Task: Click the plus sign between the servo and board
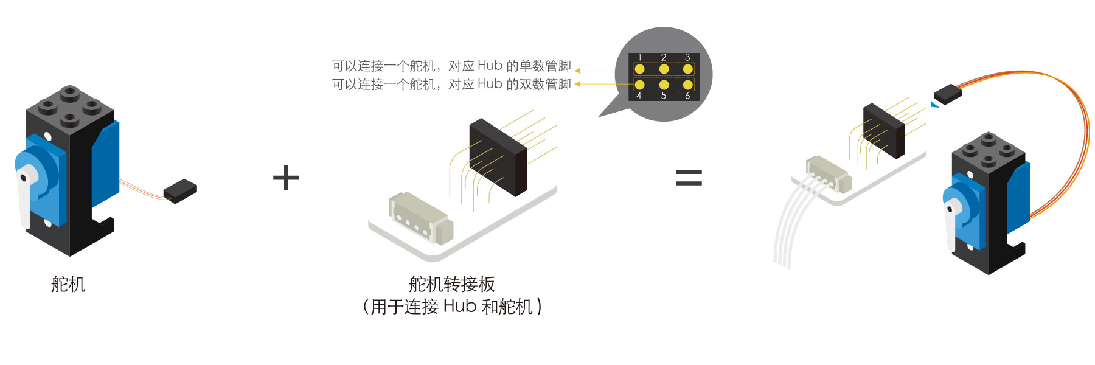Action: tap(286, 178)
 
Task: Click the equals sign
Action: tap(689, 177)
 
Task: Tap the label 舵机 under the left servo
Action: tap(68, 284)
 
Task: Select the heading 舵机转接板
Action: tap(451, 284)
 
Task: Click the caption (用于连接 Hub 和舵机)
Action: tap(451, 306)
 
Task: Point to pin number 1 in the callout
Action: tap(639, 57)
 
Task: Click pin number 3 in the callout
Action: tap(687, 57)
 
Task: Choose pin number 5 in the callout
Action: tap(664, 96)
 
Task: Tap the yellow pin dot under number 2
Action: tap(664, 69)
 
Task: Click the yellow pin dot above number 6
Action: tap(687, 85)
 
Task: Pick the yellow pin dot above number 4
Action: tap(639, 85)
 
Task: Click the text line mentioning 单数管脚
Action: tap(451, 66)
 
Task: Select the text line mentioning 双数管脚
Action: tap(451, 84)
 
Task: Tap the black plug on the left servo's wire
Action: tap(180, 190)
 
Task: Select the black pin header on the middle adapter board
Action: tap(498, 156)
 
